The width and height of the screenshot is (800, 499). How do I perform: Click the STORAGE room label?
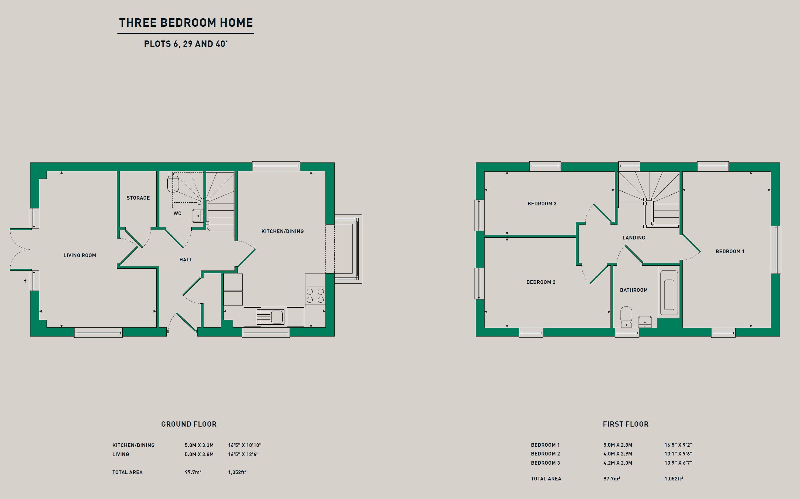(138, 198)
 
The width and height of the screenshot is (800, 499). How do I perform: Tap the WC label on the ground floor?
(177, 214)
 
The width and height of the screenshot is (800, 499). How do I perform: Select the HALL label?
(186, 260)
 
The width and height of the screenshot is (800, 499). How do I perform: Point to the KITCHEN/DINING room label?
(282, 231)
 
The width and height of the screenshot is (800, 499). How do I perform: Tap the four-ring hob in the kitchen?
(315, 295)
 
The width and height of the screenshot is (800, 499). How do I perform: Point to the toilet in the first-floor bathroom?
(626, 317)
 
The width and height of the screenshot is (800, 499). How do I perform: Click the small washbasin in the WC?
(198, 216)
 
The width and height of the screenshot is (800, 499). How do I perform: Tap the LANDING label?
(634, 238)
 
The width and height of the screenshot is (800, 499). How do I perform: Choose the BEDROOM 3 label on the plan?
(542, 204)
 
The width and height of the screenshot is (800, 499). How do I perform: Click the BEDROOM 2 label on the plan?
(541, 282)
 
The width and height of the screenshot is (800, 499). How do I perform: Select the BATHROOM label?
(634, 290)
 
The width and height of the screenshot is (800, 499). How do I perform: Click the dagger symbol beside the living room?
(25, 281)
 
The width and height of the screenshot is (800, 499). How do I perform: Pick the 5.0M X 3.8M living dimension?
(199, 455)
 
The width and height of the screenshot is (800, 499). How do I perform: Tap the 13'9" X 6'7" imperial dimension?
(678, 463)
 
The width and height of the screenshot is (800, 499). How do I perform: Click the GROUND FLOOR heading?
(189, 424)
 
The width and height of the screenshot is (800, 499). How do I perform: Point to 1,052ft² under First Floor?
(674, 479)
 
